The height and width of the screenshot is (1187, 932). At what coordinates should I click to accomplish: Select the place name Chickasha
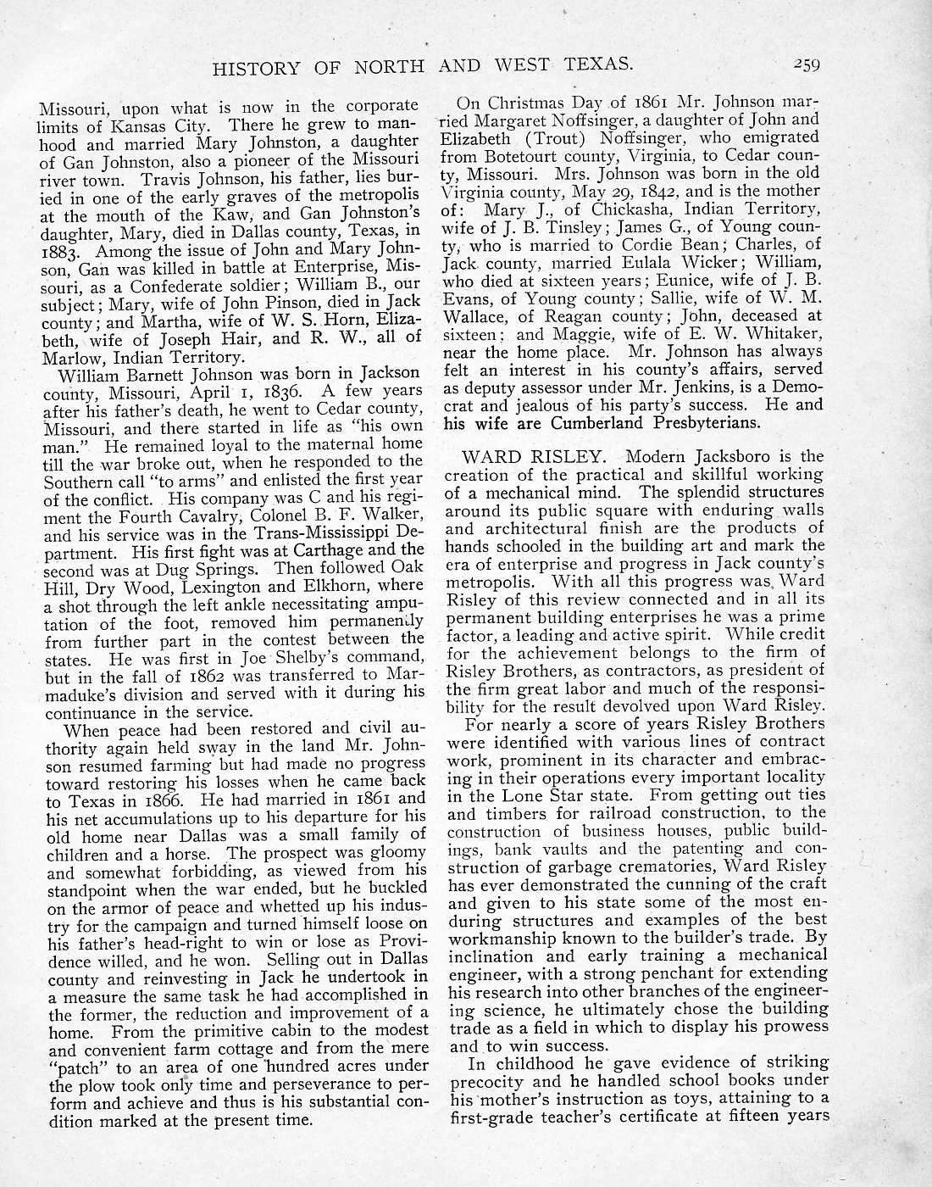630,209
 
